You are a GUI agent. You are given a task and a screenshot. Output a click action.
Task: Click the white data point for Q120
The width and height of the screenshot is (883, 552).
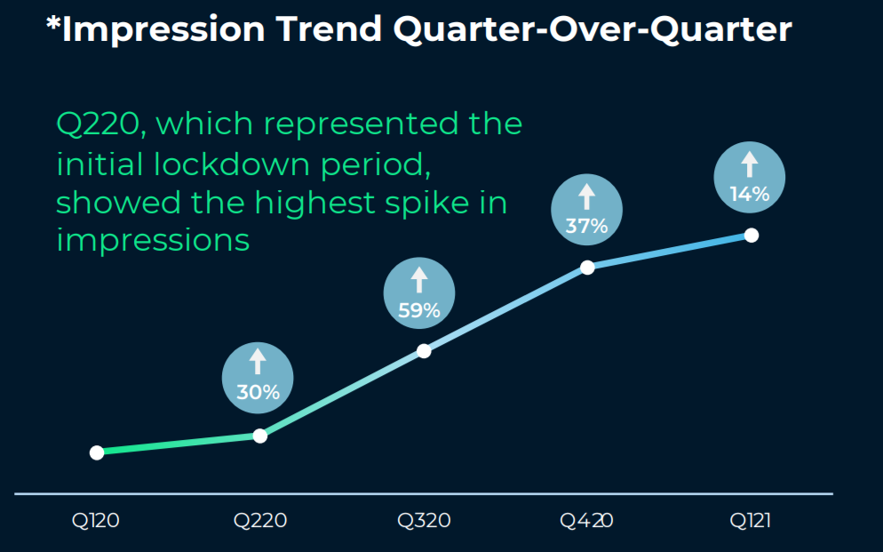click(x=97, y=452)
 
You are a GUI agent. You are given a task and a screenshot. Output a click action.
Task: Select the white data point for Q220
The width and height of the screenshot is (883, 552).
click(x=259, y=436)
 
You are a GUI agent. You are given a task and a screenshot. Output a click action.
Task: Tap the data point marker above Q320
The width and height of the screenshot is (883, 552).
click(x=424, y=350)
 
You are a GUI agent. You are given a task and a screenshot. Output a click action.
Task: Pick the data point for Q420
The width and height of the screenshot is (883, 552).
click(x=587, y=267)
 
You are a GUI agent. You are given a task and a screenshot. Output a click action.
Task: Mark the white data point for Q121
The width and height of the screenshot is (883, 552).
click(x=751, y=235)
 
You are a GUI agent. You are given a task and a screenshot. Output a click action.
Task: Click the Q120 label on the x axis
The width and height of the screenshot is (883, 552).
click(x=96, y=521)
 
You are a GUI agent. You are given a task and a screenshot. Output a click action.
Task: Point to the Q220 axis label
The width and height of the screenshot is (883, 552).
click(x=260, y=521)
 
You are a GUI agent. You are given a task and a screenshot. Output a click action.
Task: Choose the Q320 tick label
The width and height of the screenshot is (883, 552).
click(x=424, y=521)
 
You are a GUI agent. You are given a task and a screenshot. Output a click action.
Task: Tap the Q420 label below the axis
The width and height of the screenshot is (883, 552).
click(x=586, y=521)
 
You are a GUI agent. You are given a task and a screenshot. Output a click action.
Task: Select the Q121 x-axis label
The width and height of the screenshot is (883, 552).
click(x=751, y=521)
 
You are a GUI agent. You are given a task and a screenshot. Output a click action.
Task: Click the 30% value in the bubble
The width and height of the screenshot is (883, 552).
click(x=258, y=392)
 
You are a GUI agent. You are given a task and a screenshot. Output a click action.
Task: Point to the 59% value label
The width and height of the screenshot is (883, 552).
click(x=418, y=310)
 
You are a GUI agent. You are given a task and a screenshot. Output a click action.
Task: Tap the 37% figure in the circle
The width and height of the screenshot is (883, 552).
click(x=586, y=226)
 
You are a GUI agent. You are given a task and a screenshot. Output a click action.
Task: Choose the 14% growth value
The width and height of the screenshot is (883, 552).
click(x=749, y=194)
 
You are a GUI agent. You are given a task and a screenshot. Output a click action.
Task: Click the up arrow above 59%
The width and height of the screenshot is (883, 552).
click(x=418, y=281)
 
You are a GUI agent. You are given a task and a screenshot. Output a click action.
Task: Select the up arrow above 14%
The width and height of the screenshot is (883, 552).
click(x=749, y=164)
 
